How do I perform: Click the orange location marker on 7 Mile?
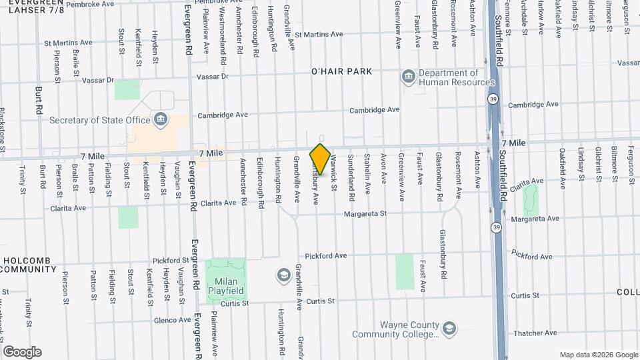[x=320, y=159]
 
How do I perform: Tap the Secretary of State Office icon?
[x=160, y=120]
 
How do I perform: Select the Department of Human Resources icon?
[x=408, y=78]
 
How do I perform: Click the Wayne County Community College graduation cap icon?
[x=449, y=327]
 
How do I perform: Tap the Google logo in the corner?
[x=22, y=352]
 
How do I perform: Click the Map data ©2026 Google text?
[x=599, y=355]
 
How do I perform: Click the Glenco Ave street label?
[x=171, y=320]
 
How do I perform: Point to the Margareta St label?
[x=365, y=214]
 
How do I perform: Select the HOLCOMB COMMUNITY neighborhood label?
[x=28, y=265]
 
